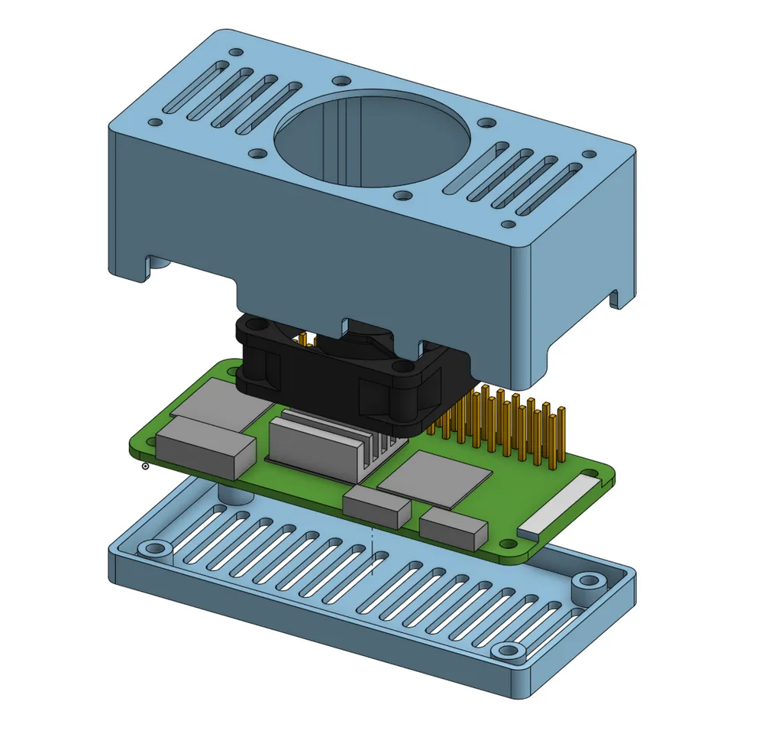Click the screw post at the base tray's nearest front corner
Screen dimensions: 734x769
pos(508,651)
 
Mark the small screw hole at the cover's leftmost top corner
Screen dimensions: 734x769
pos(155,122)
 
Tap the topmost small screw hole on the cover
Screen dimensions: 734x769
pos(236,53)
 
